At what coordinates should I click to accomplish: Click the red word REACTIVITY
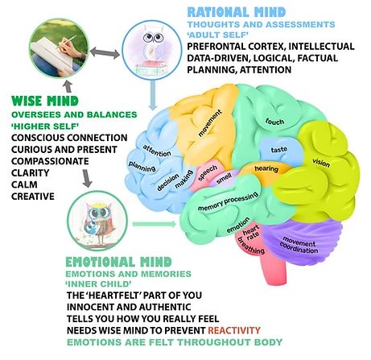[234, 330]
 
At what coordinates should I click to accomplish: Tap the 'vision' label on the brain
[321, 163]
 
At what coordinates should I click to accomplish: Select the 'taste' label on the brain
[279, 149]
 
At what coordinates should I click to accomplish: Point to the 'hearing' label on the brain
[266, 168]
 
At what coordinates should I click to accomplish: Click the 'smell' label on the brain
[224, 179]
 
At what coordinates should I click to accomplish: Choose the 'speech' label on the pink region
[208, 173]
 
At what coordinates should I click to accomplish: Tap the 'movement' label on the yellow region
[210, 123]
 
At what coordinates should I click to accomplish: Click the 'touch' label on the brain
[274, 122]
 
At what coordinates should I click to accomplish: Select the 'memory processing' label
[228, 201]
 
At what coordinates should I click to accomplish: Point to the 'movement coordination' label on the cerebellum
[299, 245]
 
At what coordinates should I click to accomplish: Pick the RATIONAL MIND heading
[237, 12]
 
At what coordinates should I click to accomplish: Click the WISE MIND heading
[45, 101]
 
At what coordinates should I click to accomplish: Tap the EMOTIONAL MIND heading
[118, 262]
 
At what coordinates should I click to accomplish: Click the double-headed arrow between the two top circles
[105, 52]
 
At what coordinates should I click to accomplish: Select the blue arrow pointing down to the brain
[153, 95]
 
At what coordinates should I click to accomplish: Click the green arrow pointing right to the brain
[155, 224]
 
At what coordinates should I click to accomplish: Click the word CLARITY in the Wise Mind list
[31, 173]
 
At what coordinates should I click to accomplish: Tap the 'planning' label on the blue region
[142, 167]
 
